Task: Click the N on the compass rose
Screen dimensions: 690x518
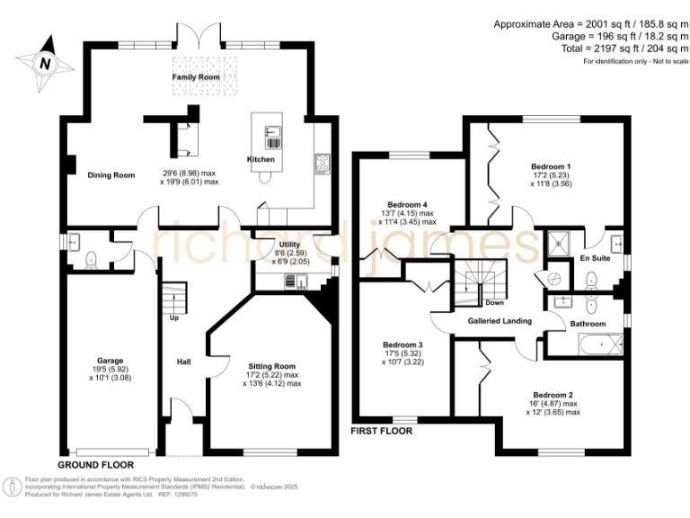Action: [45, 64]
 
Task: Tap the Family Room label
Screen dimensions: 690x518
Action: [196, 77]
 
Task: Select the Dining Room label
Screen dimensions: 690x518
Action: [111, 175]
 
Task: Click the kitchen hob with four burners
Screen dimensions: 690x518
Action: [323, 164]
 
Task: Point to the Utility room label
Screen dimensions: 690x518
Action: [289, 245]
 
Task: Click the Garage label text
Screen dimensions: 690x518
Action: [110, 361]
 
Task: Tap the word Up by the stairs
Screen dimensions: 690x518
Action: [174, 317]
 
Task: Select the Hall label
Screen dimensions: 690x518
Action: [184, 362]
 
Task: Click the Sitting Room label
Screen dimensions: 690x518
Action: [271, 366]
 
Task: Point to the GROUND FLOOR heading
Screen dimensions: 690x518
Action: [96, 465]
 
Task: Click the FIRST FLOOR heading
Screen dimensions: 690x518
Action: [382, 432]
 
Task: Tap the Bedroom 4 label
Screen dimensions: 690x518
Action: [407, 205]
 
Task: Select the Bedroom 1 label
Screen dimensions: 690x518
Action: [551, 166]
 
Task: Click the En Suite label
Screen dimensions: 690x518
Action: [595, 258]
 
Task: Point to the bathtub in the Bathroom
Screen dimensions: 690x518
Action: [601, 344]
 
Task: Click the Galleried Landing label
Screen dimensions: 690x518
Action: [500, 321]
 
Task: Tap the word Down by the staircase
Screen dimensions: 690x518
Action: [495, 303]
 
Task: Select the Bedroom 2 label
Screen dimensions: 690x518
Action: [553, 395]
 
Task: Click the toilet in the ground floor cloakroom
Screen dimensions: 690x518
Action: [91, 259]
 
